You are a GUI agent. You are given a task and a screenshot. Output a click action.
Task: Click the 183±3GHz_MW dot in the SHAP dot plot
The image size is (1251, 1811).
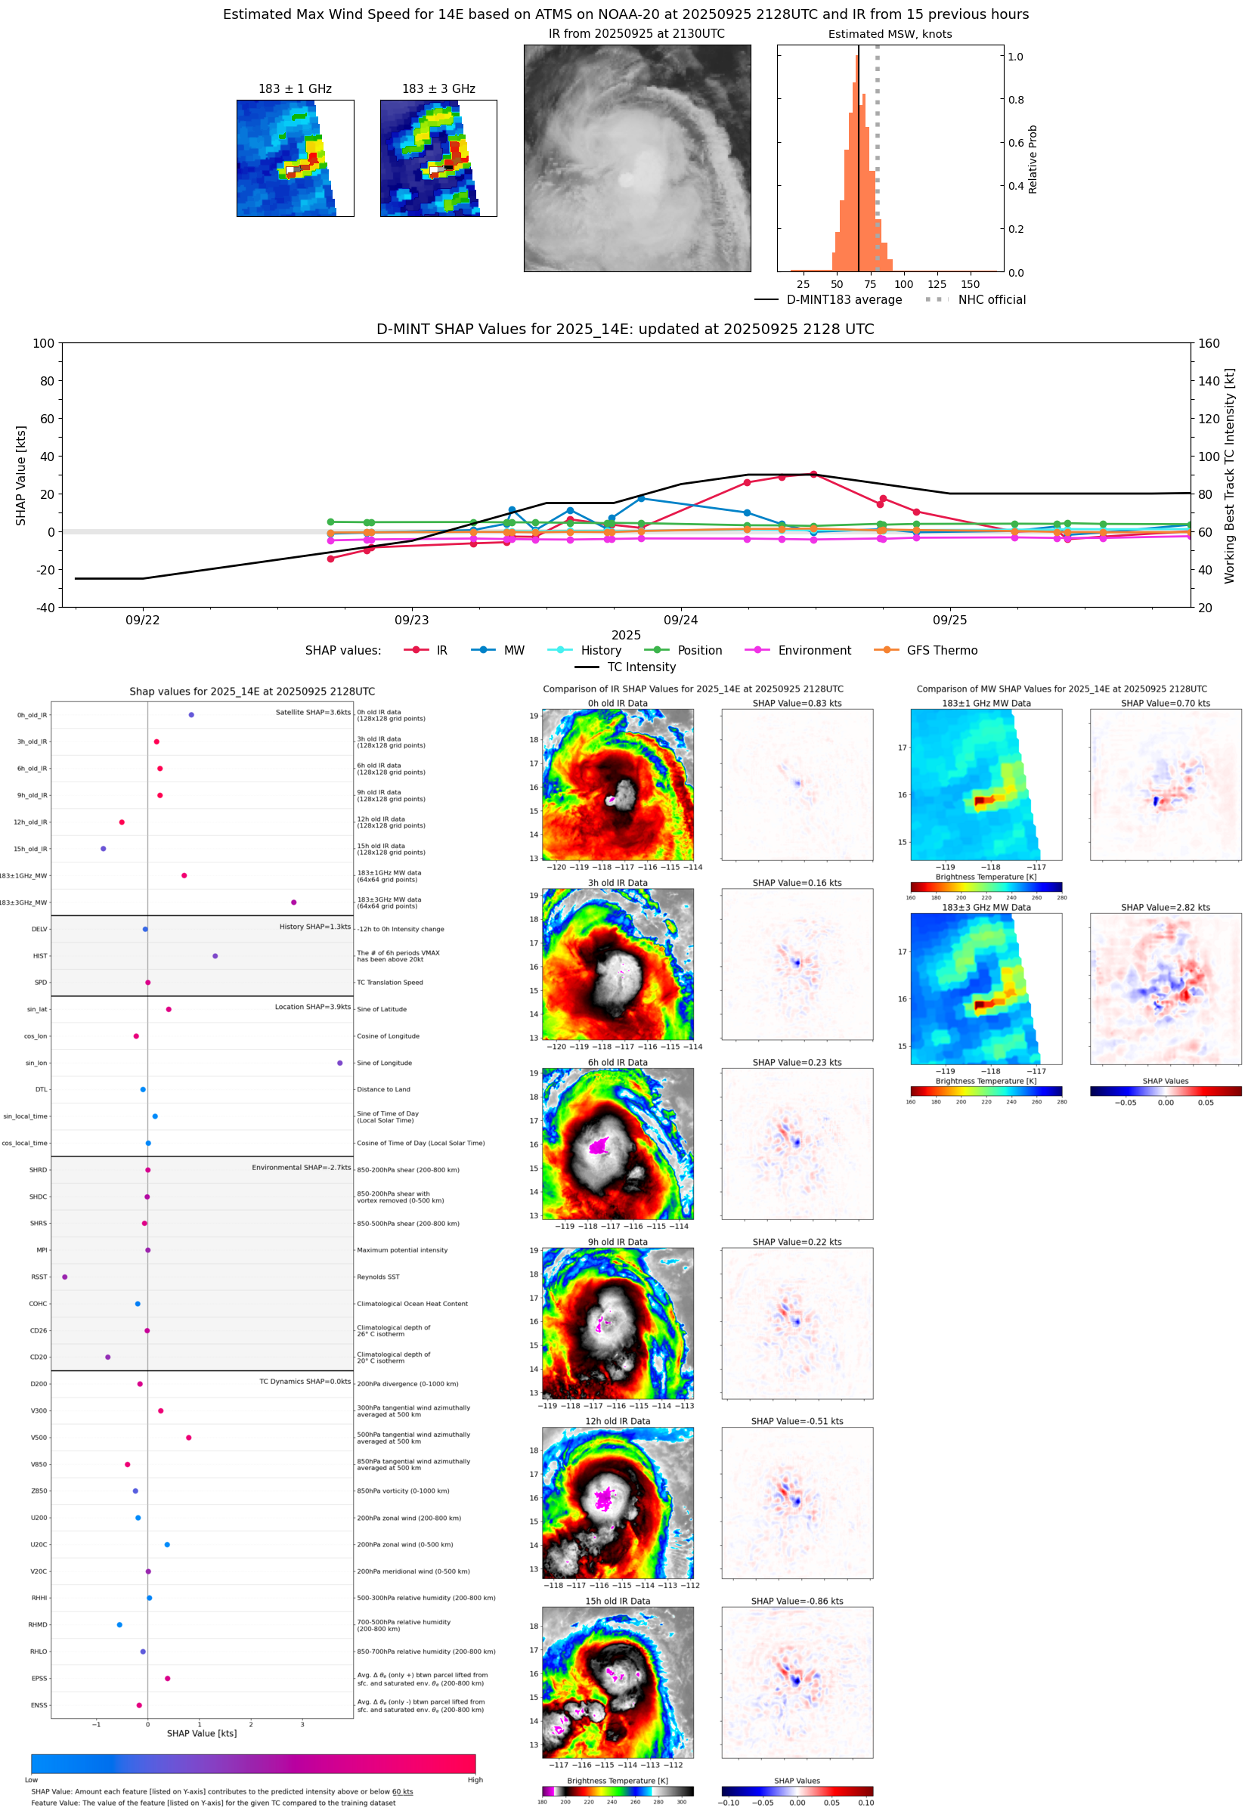294,902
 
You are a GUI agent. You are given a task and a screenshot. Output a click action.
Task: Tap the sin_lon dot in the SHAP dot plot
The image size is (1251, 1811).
339,1063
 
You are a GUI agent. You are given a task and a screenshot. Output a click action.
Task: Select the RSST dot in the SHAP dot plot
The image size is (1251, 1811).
65,1277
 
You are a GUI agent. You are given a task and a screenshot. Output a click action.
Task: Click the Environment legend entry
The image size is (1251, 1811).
813,651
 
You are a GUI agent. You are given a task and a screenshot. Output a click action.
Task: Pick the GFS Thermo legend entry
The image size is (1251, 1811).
941,651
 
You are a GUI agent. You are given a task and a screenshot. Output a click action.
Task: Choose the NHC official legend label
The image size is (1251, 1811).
992,299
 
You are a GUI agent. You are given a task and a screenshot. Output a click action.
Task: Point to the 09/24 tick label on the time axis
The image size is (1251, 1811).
680,620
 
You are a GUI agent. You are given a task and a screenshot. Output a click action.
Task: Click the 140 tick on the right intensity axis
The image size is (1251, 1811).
1209,381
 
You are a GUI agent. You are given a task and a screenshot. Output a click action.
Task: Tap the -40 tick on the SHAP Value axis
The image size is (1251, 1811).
44,608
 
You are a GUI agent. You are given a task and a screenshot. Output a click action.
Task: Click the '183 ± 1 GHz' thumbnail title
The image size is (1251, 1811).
295,89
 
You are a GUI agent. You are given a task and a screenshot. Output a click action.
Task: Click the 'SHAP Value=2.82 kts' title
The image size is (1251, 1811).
1165,908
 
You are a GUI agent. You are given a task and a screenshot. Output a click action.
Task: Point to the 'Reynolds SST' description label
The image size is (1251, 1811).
378,1277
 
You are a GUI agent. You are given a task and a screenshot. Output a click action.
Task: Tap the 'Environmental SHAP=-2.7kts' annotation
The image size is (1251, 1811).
301,1168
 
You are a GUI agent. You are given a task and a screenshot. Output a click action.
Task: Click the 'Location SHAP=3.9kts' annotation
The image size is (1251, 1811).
313,1007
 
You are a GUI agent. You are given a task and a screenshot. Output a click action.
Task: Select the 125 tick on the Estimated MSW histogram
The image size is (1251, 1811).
937,284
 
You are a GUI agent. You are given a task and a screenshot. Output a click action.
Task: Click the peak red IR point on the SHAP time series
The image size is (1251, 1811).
813,474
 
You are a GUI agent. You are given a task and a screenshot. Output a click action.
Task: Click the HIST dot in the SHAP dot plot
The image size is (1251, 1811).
215,956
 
